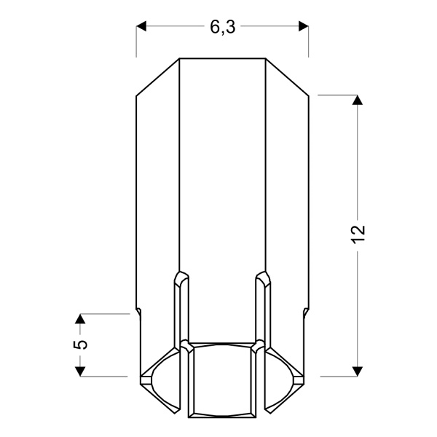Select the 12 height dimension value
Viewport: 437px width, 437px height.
pos(358,235)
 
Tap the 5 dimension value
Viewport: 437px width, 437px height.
pos(81,345)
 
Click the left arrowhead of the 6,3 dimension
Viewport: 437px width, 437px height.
pos(142,27)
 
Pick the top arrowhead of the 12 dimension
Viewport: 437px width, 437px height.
pos(357,101)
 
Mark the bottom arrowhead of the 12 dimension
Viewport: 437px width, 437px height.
pos(357,371)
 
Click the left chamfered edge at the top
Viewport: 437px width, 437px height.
pos(158,76)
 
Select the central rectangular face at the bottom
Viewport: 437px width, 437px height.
pos(222,379)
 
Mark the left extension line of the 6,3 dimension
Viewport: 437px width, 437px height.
pos(136,44)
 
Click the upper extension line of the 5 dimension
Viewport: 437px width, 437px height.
pos(106,314)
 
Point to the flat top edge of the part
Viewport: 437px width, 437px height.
pos(222,58)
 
